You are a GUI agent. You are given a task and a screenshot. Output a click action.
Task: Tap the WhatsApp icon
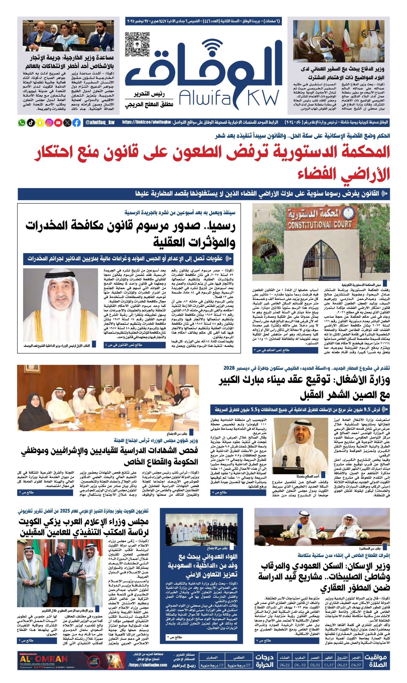click(x=21, y=122)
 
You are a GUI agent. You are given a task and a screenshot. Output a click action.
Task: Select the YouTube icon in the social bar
click(x=58, y=122)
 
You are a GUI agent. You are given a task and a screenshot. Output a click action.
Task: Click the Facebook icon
click(x=77, y=122)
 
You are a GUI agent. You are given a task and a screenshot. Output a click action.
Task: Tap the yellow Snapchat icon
click(x=40, y=122)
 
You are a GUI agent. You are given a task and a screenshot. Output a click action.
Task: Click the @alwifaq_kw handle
click(x=100, y=122)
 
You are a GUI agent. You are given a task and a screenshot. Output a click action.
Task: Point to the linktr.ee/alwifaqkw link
click(x=147, y=122)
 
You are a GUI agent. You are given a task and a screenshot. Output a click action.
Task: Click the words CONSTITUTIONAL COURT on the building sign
click(x=319, y=225)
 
